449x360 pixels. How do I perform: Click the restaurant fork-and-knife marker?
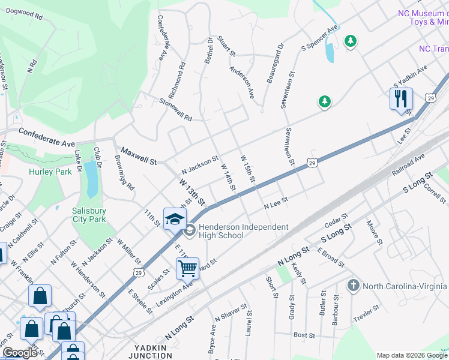tap(401, 98)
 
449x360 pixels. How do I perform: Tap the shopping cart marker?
tap(187, 268)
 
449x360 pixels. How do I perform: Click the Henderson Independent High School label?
tap(236, 231)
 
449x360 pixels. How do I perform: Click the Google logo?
tap(20, 353)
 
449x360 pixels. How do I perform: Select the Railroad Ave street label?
tap(408, 164)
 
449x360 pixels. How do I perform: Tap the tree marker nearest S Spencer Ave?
tap(350, 41)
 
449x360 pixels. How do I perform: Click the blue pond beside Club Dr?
tap(91, 179)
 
